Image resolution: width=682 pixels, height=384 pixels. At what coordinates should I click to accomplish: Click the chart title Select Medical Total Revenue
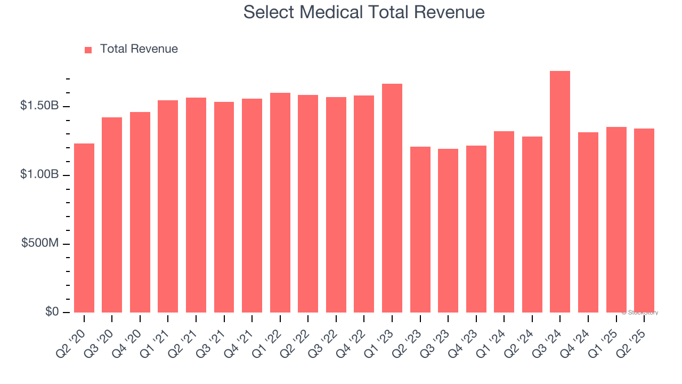point(364,12)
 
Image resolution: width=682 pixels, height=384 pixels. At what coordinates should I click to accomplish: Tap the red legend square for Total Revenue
point(88,50)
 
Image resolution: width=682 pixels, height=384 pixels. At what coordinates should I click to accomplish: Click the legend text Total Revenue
point(139,49)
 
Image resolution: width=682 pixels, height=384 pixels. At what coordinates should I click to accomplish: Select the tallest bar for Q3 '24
point(560,192)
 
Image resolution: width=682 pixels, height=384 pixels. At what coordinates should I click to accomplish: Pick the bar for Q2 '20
point(84,228)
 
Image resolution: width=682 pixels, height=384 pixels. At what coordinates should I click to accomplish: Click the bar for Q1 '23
point(392,198)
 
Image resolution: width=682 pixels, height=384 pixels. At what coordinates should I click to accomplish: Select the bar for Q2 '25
point(644,221)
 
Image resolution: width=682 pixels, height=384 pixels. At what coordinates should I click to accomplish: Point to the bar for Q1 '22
point(280,203)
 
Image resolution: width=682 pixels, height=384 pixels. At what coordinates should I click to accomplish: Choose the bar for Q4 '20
point(140,212)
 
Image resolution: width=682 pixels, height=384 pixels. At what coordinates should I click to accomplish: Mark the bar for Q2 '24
point(532,225)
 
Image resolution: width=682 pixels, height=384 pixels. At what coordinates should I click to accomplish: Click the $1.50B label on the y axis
point(39,106)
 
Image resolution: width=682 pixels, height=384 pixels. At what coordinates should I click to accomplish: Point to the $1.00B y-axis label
point(39,175)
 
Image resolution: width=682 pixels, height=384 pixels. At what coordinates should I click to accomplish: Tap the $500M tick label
point(40,244)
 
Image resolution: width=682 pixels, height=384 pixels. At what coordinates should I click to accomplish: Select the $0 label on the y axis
point(51,312)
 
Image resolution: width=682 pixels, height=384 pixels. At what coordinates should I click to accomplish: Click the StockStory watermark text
point(640,313)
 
